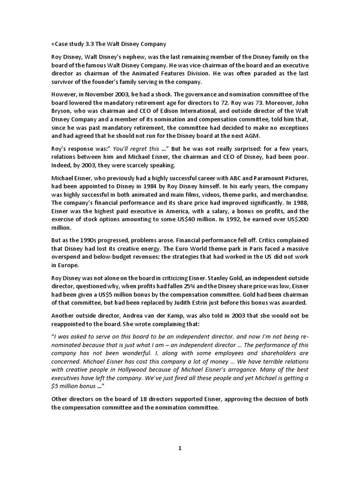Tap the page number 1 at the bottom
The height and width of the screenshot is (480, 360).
coord(180,448)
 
